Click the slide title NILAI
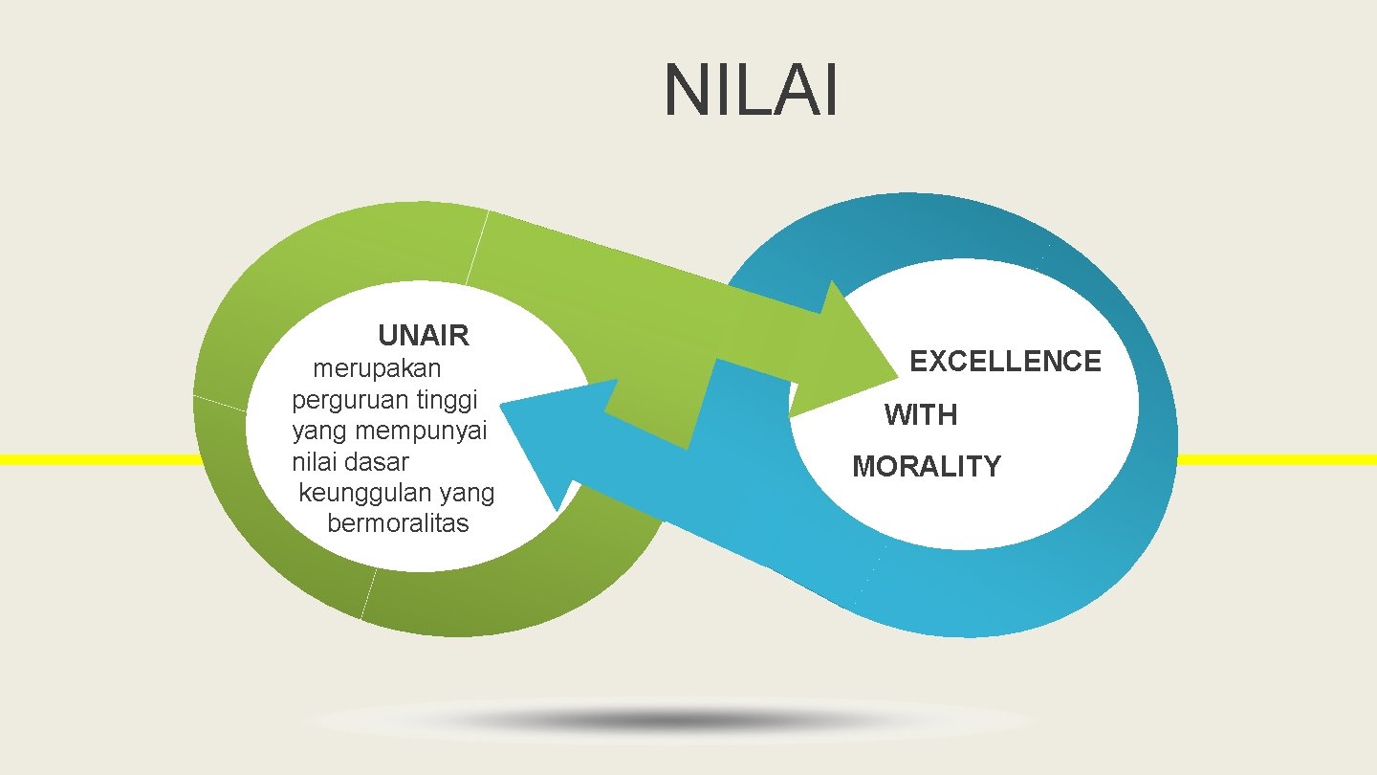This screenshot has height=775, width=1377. point(752,91)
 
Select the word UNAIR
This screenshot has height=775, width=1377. point(424,336)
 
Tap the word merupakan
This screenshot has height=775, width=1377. point(377,367)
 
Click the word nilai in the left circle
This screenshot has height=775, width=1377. point(315,462)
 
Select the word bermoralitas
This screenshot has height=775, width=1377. point(398,524)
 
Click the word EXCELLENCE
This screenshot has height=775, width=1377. point(1005,362)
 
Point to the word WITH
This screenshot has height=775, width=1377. point(920,415)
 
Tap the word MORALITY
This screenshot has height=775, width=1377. point(926,467)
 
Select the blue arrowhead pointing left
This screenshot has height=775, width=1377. point(545,431)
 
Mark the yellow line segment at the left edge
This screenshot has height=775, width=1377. point(96,459)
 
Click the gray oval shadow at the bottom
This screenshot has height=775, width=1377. point(669,720)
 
